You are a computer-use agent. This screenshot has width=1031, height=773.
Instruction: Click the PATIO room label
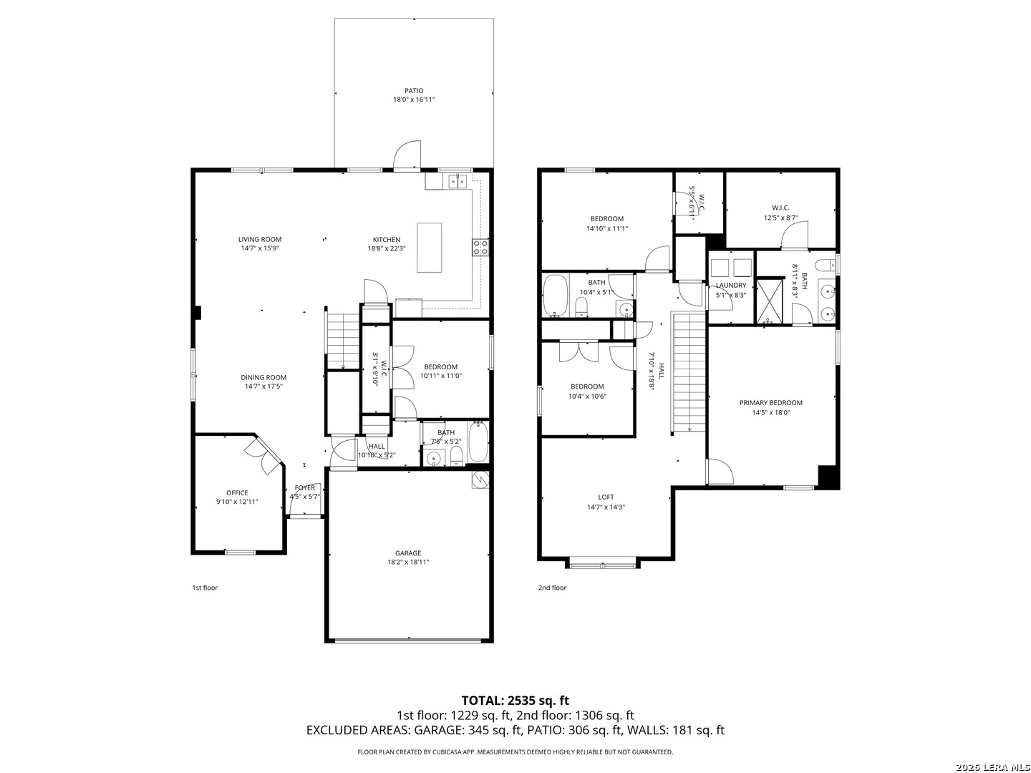414,91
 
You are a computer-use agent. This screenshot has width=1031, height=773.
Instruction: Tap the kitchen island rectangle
429,248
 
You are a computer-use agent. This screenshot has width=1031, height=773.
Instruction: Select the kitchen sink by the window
457,180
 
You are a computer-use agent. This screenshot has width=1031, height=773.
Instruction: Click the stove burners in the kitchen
480,248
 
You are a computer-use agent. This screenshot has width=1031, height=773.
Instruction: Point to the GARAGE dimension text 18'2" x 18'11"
407,562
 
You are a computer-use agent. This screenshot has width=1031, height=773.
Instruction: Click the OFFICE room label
237,493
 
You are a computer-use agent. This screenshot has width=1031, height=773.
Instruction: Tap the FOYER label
305,487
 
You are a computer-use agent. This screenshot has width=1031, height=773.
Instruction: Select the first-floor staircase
343,341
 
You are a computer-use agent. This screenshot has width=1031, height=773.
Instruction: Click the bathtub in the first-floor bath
478,442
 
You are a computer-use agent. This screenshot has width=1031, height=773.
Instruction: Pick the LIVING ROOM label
260,239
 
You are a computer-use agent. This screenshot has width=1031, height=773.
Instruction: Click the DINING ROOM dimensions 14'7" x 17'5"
263,386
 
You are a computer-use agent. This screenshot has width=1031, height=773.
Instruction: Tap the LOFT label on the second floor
606,497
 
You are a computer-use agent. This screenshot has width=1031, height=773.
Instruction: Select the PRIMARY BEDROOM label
771,403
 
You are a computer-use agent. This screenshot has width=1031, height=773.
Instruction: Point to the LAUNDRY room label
731,286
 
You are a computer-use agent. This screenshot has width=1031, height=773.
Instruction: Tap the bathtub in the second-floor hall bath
555,295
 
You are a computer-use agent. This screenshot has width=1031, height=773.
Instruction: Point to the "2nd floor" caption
552,588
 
